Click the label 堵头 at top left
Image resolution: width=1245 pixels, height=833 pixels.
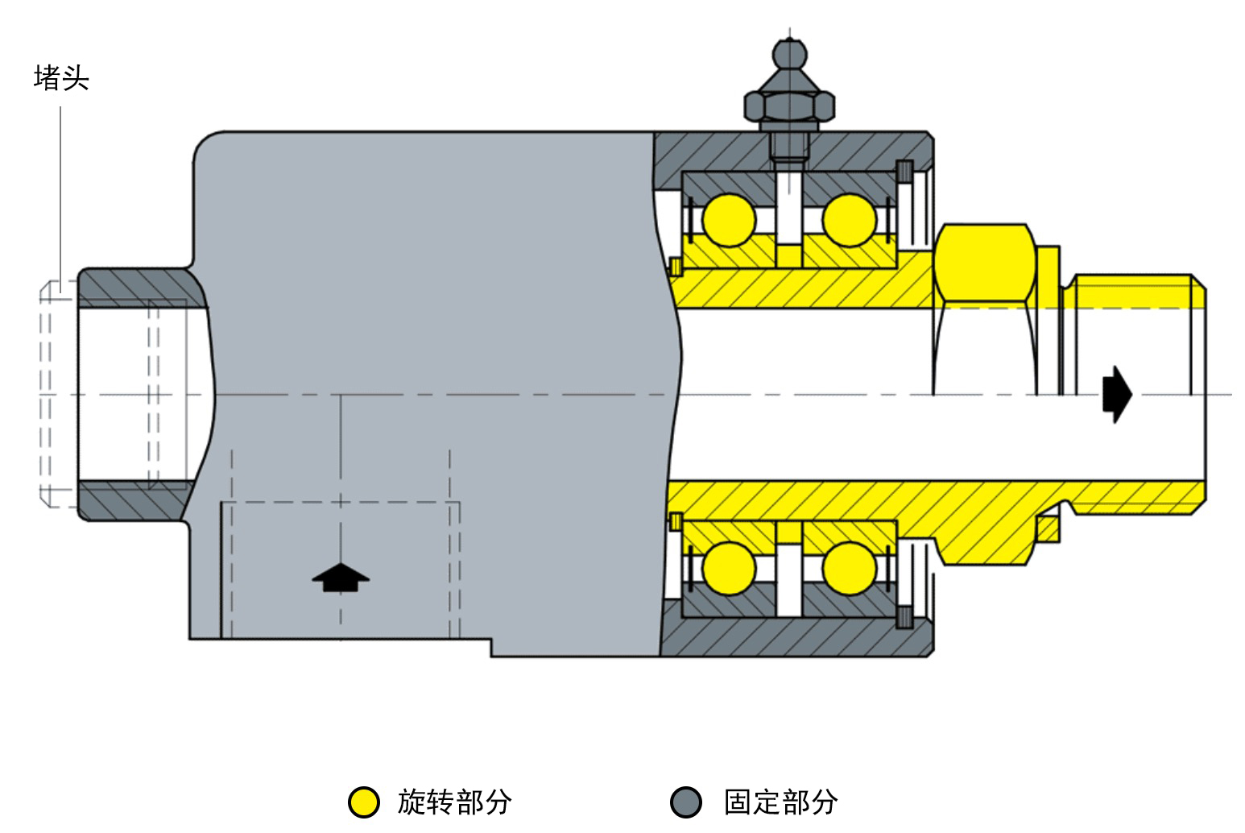62,78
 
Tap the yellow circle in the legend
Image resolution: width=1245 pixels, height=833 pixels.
364,802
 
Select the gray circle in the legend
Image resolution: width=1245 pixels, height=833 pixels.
686,802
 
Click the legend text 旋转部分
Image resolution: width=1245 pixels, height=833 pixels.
455,802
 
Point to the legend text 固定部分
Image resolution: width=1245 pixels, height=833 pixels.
781,802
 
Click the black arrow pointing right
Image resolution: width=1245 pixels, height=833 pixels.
1117,394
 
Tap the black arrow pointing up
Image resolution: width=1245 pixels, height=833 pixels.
341,577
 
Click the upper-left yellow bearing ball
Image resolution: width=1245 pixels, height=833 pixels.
730,220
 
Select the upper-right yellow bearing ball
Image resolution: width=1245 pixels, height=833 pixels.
850,220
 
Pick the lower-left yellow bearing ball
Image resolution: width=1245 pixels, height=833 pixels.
730,569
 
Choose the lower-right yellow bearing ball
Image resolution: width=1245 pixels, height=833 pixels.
850,569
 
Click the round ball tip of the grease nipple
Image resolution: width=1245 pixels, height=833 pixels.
790,54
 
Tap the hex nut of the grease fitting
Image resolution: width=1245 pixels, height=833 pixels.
789,106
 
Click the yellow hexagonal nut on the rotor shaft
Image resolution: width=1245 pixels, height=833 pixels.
985,263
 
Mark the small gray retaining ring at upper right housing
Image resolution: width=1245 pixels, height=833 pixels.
904,172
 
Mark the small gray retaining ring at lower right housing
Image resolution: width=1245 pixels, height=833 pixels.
904,617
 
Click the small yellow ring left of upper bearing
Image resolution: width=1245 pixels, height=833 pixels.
676,267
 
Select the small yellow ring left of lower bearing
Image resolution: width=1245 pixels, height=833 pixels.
676,522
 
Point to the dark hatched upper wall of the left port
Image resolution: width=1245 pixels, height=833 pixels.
143,288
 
